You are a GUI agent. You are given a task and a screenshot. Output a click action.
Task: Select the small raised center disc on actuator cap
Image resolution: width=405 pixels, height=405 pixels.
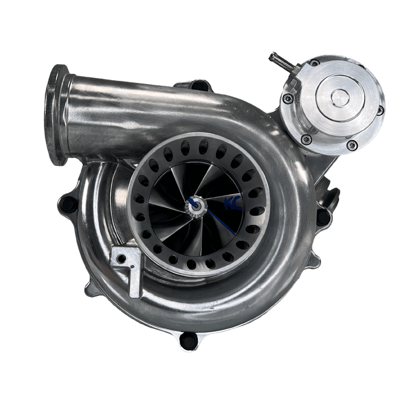tap(340, 98)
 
